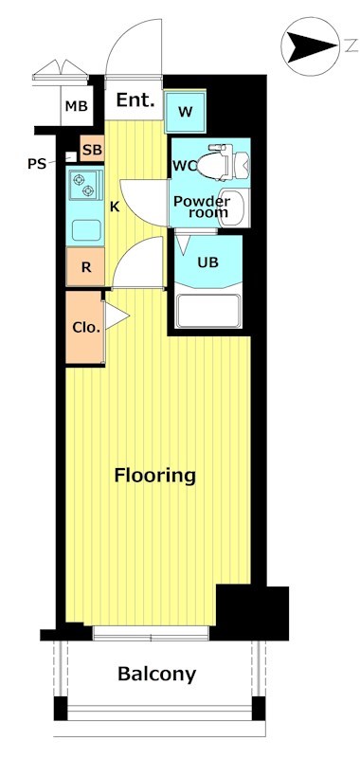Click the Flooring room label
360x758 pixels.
click(x=155, y=476)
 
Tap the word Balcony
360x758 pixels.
click(x=157, y=674)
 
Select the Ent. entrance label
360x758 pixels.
click(x=135, y=100)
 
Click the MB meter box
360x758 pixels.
click(x=77, y=106)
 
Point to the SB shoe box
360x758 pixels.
click(x=92, y=150)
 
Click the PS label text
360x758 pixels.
click(x=36, y=164)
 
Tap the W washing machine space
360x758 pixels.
click(x=185, y=112)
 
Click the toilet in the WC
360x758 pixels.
click(x=224, y=163)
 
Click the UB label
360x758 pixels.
click(x=208, y=262)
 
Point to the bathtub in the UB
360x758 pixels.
click(x=208, y=311)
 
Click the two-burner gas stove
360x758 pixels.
click(x=85, y=186)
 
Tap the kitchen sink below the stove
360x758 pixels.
click(x=86, y=230)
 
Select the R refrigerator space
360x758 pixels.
click(x=85, y=266)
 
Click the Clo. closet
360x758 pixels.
click(x=85, y=327)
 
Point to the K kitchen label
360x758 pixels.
click(x=115, y=207)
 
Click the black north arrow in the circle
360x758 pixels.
click(x=312, y=46)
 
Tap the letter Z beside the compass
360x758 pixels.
click(x=351, y=46)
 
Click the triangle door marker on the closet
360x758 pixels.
click(x=117, y=316)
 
